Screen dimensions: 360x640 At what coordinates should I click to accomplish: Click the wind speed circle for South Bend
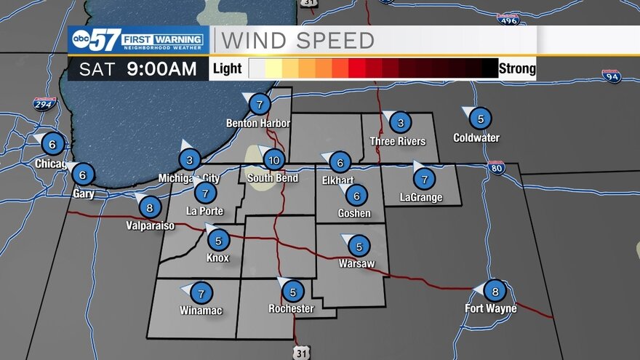tap(273, 160)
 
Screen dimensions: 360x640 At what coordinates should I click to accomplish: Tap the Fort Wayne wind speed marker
tap(495, 291)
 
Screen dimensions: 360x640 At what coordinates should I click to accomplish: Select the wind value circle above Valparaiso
tap(150, 207)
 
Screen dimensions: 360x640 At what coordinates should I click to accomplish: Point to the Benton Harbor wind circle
tap(260, 105)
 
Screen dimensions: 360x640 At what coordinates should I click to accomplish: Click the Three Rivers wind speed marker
tap(400, 122)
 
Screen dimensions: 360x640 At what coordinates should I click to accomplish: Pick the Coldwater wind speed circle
tap(479, 118)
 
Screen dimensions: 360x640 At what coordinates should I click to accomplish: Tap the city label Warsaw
tap(356, 263)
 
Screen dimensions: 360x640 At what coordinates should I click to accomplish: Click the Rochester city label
tap(290, 309)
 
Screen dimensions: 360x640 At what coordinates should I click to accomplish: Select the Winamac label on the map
tap(201, 311)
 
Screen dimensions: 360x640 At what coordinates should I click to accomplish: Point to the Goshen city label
tap(354, 214)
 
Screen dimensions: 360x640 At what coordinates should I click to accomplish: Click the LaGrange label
tap(421, 198)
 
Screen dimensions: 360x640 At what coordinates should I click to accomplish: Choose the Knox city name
tap(217, 258)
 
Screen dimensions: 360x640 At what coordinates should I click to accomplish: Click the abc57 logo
tap(94, 41)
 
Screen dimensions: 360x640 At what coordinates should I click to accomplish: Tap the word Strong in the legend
tap(517, 69)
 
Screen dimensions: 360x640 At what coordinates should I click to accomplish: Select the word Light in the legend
tap(226, 70)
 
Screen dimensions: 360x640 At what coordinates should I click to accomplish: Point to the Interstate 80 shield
tap(496, 169)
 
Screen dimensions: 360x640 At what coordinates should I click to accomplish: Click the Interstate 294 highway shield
tap(44, 103)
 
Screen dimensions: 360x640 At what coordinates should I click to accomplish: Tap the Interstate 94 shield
tap(611, 76)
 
